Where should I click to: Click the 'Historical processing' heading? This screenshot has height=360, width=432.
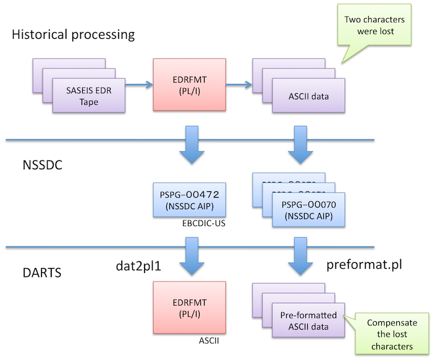coord(73,34)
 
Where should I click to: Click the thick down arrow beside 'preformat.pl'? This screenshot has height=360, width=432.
coord(300,259)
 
